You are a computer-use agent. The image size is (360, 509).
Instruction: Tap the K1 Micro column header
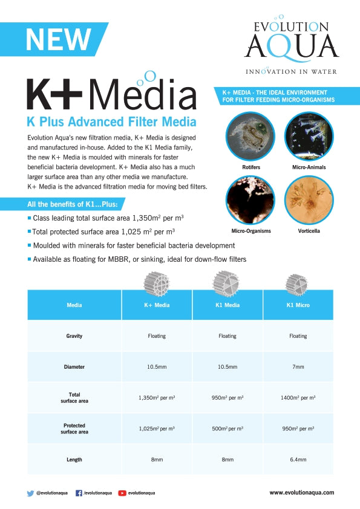pyautogui.click(x=298, y=305)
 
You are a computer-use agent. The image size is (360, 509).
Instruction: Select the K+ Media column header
pyautogui.click(x=157, y=305)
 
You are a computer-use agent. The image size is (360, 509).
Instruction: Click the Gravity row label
pyautogui.click(x=74, y=336)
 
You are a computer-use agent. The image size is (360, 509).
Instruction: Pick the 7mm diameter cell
pyautogui.click(x=298, y=367)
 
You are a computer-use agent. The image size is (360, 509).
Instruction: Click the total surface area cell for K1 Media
pyautogui.click(x=227, y=398)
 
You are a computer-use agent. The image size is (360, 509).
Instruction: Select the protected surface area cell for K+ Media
pyautogui.click(x=157, y=429)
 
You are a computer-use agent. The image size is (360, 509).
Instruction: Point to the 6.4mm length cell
pyautogui.click(x=298, y=459)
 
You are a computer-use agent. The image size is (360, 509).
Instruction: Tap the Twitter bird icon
pyautogui.click(x=31, y=493)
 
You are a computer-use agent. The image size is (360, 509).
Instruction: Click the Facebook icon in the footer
pyautogui.click(x=79, y=493)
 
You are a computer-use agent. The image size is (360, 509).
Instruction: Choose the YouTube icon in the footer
pyautogui.click(x=122, y=493)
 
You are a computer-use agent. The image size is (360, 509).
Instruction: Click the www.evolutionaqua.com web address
pyautogui.click(x=301, y=493)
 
